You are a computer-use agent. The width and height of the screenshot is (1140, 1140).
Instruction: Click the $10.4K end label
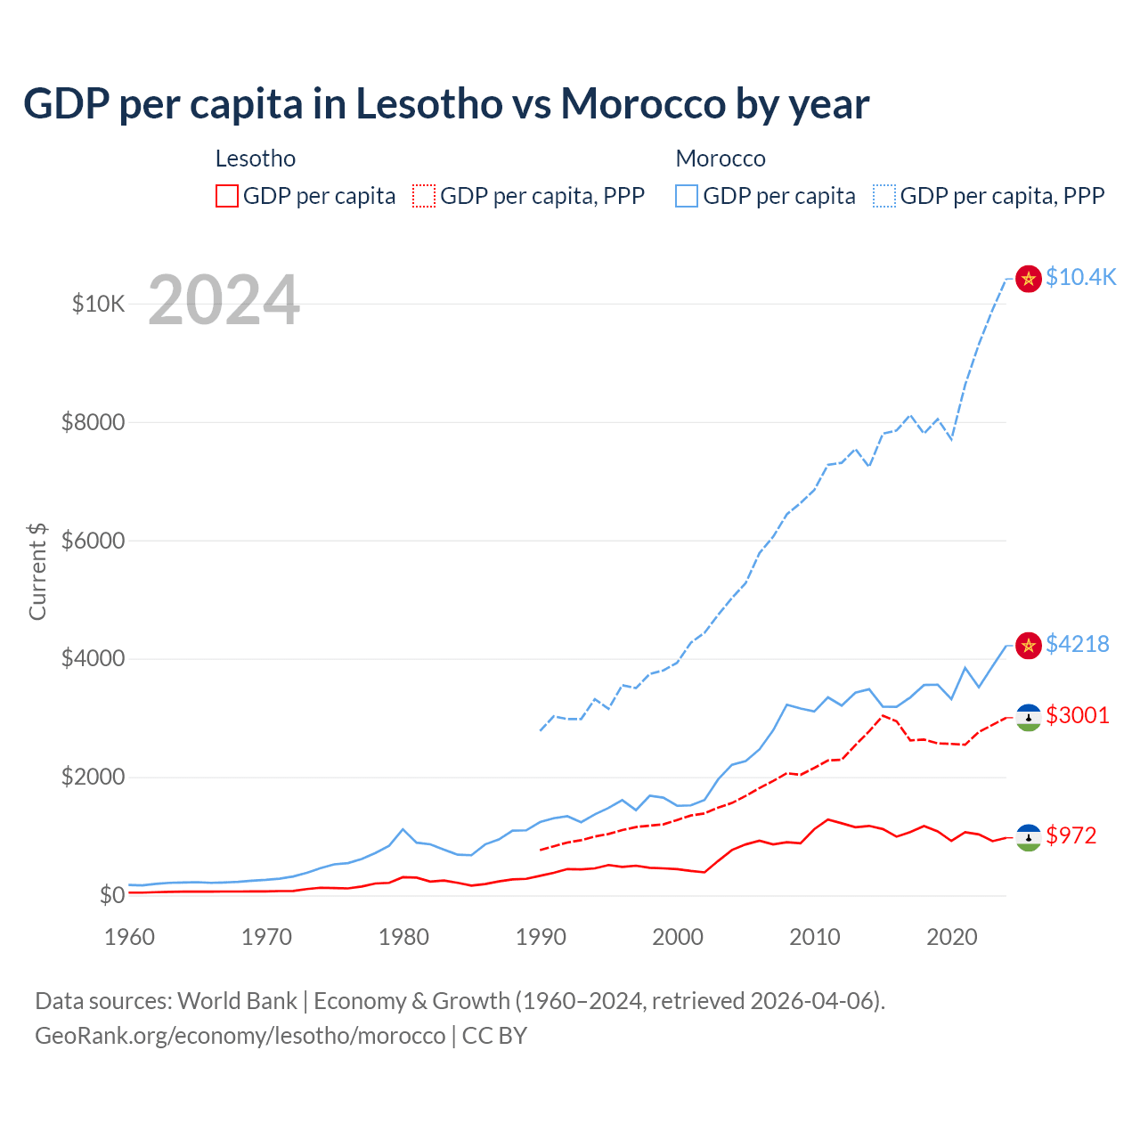(x=1080, y=277)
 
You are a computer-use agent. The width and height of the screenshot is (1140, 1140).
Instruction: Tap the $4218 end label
(x=1077, y=644)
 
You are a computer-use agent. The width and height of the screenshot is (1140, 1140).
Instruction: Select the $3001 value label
(x=1077, y=715)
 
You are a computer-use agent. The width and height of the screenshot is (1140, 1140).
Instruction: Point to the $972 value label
(x=1071, y=835)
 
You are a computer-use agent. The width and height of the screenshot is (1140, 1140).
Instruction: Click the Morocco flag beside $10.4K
(x=1029, y=279)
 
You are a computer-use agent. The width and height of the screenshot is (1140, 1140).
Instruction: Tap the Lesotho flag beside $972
(x=1029, y=837)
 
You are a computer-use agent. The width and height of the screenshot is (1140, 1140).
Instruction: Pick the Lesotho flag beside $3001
(x=1029, y=718)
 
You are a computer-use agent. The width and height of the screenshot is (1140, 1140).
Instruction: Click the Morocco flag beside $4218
(x=1029, y=646)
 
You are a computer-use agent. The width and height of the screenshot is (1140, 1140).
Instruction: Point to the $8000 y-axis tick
(x=93, y=422)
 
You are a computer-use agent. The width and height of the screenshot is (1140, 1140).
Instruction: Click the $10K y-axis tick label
(x=98, y=304)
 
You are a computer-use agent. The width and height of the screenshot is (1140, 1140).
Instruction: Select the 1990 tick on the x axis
(x=541, y=937)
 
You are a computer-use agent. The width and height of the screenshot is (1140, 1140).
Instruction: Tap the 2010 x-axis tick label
(x=815, y=937)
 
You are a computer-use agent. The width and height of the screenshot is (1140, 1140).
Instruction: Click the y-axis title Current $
(x=37, y=572)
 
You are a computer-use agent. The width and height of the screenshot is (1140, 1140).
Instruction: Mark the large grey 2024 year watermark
(x=224, y=300)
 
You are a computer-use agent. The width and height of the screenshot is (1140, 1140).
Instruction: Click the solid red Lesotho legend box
(x=227, y=196)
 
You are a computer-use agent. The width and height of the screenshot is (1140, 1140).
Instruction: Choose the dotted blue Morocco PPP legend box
(x=884, y=196)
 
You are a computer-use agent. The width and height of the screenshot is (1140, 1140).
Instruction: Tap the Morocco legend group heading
(x=721, y=159)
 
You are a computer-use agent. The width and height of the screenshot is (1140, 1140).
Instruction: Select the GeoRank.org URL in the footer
(x=240, y=1036)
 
